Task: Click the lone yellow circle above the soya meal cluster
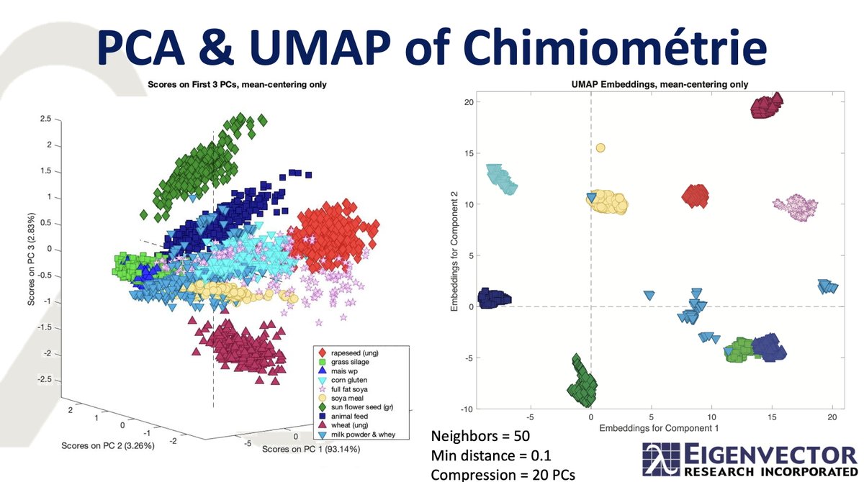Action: click(x=600, y=147)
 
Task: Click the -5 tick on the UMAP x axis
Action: click(x=530, y=416)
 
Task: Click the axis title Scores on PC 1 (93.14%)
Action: click(x=310, y=450)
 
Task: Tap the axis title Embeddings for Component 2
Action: click(x=455, y=255)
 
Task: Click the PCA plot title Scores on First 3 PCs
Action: click(x=238, y=84)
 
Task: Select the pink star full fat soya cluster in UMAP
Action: click(x=797, y=206)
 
